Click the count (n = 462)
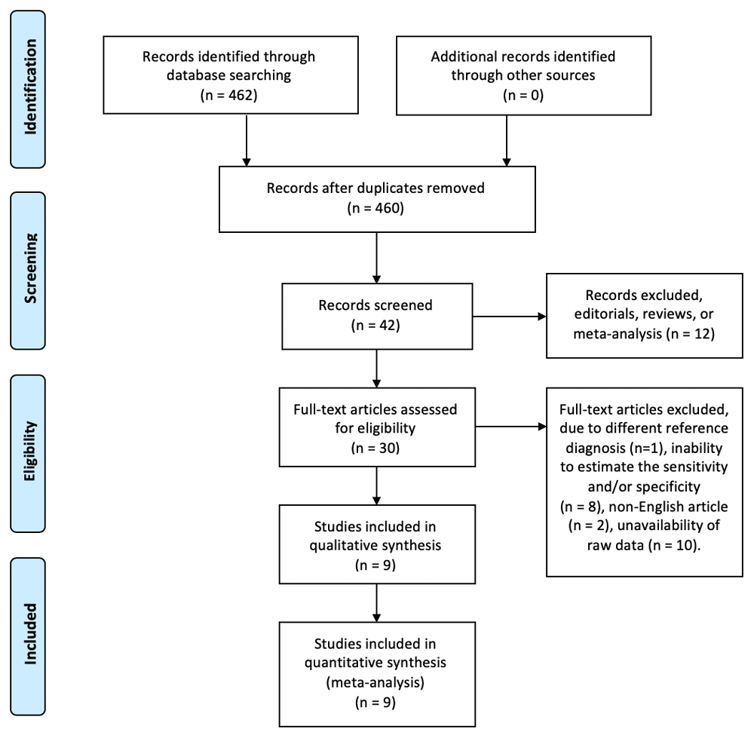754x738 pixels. [229, 95]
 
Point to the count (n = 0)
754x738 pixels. [523, 95]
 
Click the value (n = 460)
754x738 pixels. [375, 208]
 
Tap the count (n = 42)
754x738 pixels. [375, 325]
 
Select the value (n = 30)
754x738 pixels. [375, 448]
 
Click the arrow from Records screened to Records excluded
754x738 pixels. [509, 317]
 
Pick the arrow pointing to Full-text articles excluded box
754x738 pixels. [510, 427]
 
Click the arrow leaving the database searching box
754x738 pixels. [247, 140]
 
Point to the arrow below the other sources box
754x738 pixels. [507, 141]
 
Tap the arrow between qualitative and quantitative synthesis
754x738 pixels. [376, 603]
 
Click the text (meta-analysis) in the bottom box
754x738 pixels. [375, 682]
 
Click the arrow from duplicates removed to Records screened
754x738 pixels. [376, 258]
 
